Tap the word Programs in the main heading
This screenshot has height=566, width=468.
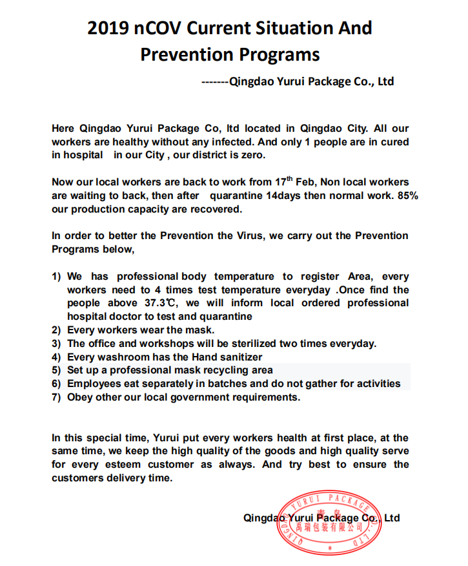283,54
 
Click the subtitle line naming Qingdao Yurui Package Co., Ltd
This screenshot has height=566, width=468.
298,82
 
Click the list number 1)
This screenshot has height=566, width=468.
57,277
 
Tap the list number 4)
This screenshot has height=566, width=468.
57,357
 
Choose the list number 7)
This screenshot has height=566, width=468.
57,397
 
